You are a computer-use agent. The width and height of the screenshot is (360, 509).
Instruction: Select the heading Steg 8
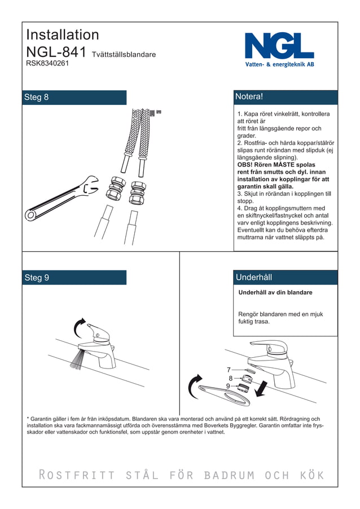[37, 97]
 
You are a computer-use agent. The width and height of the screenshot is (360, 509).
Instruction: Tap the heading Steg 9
[37, 278]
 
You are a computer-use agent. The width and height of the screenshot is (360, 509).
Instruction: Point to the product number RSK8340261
[47, 64]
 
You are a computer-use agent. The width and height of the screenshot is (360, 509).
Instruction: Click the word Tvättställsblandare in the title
[124, 55]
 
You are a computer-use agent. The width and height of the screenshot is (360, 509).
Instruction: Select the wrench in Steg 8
[59, 201]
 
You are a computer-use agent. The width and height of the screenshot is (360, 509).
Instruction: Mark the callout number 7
[229, 370]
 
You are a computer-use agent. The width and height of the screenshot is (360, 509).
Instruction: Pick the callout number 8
[230, 378]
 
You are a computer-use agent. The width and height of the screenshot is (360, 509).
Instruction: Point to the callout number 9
[228, 386]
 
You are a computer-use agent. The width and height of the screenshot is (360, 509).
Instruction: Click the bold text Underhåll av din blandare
[275, 293]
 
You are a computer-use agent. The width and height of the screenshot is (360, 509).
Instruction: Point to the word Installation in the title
[63, 34]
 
